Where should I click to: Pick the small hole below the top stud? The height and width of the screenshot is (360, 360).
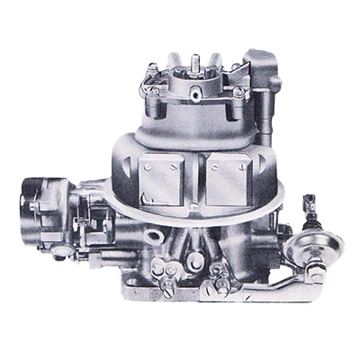point(192,96)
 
